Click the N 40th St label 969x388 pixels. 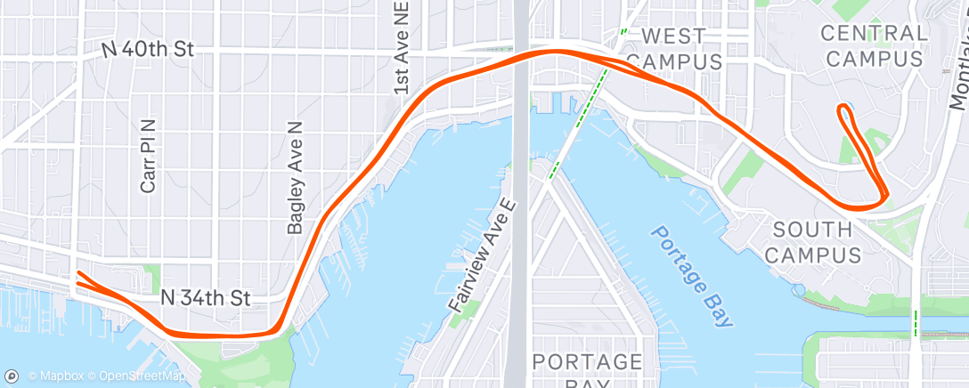point(148,50)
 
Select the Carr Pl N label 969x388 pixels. point(148,157)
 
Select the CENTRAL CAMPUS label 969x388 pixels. point(872,46)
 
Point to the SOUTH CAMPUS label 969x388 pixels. point(813,243)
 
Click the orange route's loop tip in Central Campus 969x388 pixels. point(842,109)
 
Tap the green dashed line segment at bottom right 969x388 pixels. point(915,322)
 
